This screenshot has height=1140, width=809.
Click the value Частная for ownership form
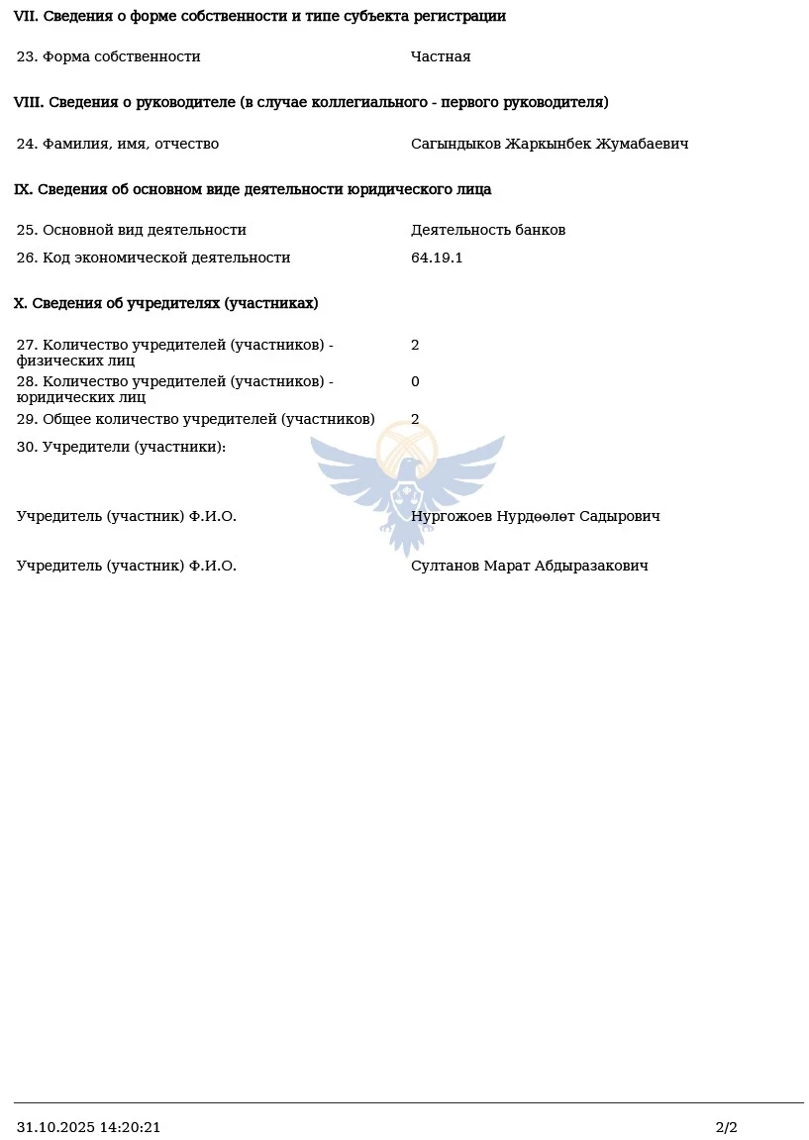click(441, 56)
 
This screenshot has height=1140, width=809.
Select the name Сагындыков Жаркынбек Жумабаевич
click(550, 144)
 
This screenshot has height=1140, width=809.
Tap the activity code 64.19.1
click(437, 258)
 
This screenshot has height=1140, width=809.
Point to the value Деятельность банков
click(488, 230)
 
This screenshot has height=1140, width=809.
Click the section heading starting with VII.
click(259, 16)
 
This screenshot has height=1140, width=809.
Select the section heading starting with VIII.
click(311, 102)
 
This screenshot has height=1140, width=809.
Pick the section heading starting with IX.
click(253, 189)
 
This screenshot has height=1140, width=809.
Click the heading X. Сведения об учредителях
click(165, 303)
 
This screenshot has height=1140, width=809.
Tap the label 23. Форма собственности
click(109, 56)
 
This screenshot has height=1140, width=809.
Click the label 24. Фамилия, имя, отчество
click(118, 144)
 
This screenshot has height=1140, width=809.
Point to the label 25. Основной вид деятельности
click(132, 230)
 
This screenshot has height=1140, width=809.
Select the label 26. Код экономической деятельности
click(153, 258)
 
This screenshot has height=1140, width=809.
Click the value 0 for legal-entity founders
click(415, 381)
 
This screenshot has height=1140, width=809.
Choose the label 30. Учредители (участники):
click(121, 447)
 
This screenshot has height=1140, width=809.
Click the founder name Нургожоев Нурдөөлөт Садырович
click(536, 516)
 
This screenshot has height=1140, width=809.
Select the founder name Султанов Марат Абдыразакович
click(530, 566)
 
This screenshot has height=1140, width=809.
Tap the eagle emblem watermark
click(407, 485)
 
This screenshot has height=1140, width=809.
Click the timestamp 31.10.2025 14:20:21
click(88, 1127)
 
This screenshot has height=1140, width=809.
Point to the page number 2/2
click(726, 1127)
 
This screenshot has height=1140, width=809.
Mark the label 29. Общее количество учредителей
click(196, 419)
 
